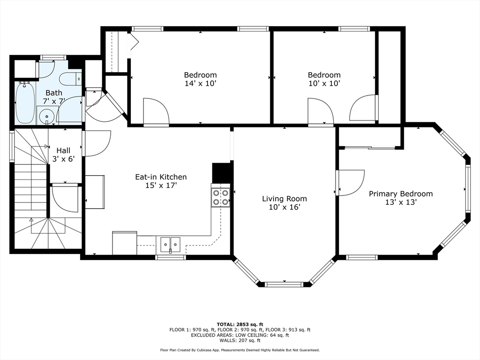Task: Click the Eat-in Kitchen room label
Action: click(x=161, y=177)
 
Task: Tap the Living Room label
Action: click(x=285, y=199)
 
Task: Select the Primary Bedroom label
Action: click(x=401, y=194)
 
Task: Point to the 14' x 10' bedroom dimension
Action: click(x=201, y=83)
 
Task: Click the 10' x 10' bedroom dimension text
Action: click(x=324, y=83)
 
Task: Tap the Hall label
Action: click(x=63, y=150)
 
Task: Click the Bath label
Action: click(x=54, y=93)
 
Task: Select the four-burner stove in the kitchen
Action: click(x=220, y=197)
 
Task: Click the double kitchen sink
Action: click(x=171, y=244)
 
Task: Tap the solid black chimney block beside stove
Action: click(x=221, y=173)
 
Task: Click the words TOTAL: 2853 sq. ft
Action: click(x=240, y=324)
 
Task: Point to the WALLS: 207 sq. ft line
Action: click(x=240, y=340)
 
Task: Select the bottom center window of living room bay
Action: click(x=284, y=285)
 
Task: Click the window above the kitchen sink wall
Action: click(x=171, y=257)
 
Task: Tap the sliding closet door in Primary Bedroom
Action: click(x=370, y=149)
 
